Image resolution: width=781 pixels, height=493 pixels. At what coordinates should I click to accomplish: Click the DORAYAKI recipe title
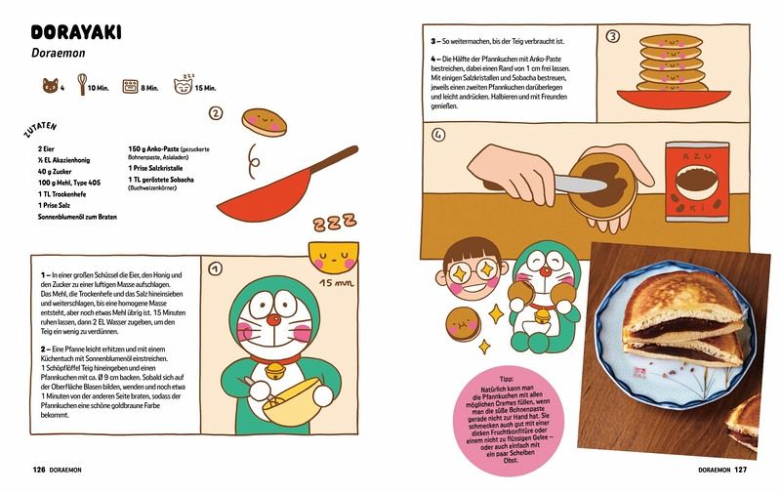click(x=76, y=32)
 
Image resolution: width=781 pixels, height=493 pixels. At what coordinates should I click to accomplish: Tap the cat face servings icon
click(x=50, y=86)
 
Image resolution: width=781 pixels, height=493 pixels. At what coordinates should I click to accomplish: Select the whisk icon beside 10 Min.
click(x=82, y=84)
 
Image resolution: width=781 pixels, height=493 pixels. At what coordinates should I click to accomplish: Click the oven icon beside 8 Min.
click(x=130, y=87)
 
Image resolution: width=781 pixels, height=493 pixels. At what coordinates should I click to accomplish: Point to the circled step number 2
click(x=215, y=113)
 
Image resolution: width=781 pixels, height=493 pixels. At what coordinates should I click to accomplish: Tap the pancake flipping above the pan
click(x=265, y=122)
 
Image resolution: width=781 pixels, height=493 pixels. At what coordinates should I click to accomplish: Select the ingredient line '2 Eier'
click(x=46, y=149)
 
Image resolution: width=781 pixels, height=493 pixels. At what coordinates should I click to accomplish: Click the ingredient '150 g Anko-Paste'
click(x=153, y=149)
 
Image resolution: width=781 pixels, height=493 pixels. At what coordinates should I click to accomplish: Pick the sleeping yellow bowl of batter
click(x=333, y=257)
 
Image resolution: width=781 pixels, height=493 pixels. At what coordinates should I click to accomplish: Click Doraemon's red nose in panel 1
click(x=272, y=319)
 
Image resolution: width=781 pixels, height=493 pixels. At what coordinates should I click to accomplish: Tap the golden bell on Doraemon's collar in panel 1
click(x=273, y=371)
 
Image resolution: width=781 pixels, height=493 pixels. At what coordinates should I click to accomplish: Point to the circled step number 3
click(x=613, y=36)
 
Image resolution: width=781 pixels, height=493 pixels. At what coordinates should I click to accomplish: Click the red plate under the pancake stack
click(x=675, y=99)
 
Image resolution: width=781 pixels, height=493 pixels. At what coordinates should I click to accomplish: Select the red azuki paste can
click(x=697, y=182)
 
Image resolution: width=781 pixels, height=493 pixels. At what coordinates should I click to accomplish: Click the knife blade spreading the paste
click(x=581, y=185)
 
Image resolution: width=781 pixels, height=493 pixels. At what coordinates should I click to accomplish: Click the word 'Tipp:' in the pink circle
click(x=507, y=380)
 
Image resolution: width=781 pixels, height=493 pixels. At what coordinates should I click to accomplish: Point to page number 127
click(x=741, y=470)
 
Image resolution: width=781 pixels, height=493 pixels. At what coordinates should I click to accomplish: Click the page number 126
click(x=39, y=470)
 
